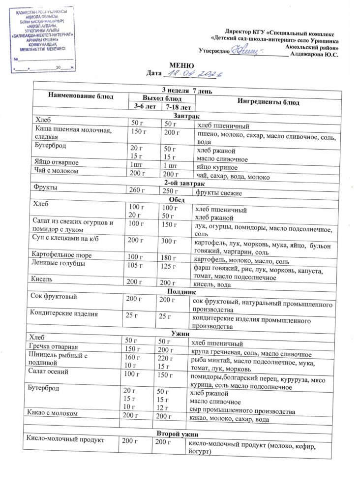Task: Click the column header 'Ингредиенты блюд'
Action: (268, 102)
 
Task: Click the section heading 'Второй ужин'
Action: (178, 433)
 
